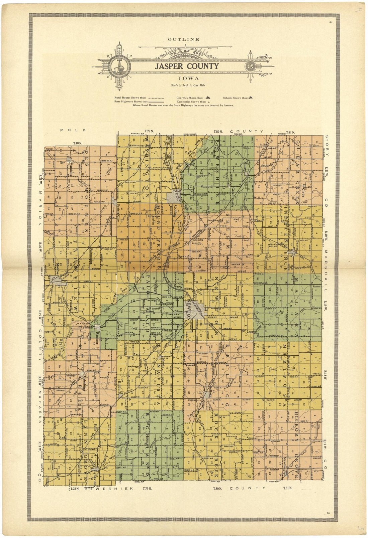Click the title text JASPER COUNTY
tap(186, 66)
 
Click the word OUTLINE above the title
tap(184, 39)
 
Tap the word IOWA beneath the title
tap(189, 79)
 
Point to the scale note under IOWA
tap(188, 85)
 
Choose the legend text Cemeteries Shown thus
tap(191, 102)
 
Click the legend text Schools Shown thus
tap(236, 98)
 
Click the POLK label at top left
tap(73, 130)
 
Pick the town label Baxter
tap(296, 245)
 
